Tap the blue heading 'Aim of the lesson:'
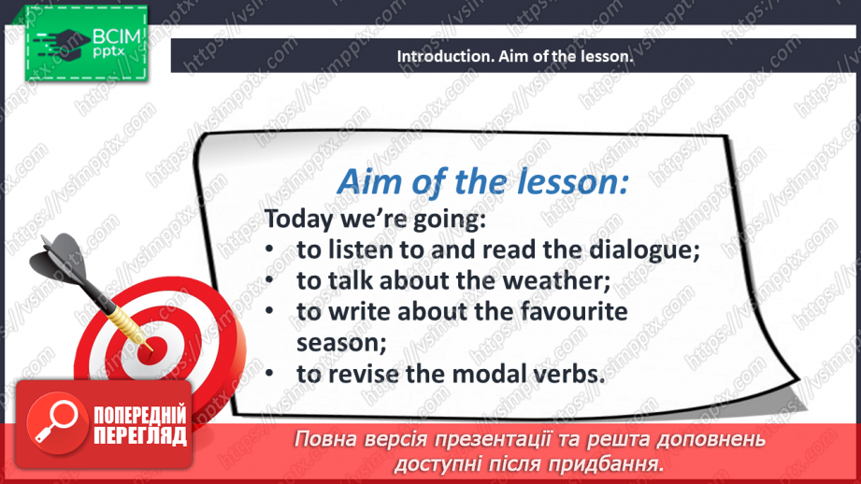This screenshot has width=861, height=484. [x=482, y=181]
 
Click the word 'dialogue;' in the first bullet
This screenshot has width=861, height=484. [x=645, y=250]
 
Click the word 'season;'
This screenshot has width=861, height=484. [x=341, y=343]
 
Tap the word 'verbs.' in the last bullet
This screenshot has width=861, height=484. [x=569, y=374]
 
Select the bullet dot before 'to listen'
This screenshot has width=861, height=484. [x=269, y=249]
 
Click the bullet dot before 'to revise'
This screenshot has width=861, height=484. [x=269, y=374]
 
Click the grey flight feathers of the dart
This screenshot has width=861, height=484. [x=59, y=259]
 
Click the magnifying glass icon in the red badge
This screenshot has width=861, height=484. [x=55, y=422]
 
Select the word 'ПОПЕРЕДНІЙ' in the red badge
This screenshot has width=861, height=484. [x=140, y=415]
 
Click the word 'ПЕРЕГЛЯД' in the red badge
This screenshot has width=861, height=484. [x=140, y=435]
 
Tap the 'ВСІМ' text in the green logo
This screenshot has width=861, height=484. [x=117, y=36]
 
